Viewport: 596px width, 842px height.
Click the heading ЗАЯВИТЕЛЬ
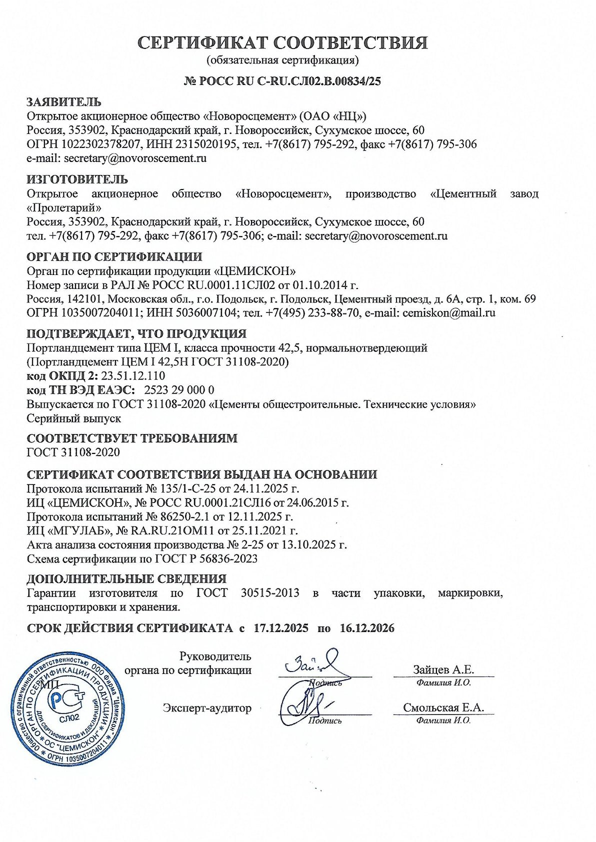pyautogui.click(x=63, y=102)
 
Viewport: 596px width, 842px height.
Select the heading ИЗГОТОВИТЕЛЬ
pyautogui.click(x=77, y=179)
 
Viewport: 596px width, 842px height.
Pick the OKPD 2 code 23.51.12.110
pyautogui.click(x=133, y=375)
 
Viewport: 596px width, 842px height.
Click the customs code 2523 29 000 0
pyautogui.click(x=179, y=389)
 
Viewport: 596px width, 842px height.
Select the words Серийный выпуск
pyautogui.click(x=73, y=418)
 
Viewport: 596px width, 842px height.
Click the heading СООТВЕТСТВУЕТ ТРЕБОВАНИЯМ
pyautogui.click(x=132, y=438)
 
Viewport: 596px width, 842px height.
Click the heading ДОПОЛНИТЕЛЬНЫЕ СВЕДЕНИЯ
pyautogui.click(x=126, y=579)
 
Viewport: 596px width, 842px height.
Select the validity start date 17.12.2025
pyautogui.click(x=281, y=628)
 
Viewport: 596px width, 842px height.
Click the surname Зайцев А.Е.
pyautogui.click(x=443, y=669)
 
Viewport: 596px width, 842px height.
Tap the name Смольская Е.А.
pyautogui.click(x=443, y=707)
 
